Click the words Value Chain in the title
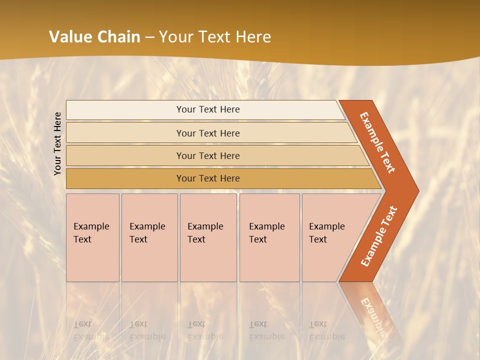point(94,36)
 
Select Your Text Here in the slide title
point(215,36)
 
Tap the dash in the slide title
point(149,37)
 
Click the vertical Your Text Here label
point(57,143)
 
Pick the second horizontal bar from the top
point(208,133)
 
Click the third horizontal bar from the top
point(208,155)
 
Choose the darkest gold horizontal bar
point(208,178)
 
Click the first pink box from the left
point(92,237)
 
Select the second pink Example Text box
point(149,237)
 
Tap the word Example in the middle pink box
point(205,226)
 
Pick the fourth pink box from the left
point(269,237)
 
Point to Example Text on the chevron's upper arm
point(377,142)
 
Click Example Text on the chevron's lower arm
point(379,236)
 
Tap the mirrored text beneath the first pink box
point(91,330)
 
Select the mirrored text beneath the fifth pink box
point(326,330)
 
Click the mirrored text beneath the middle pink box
point(205,330)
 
